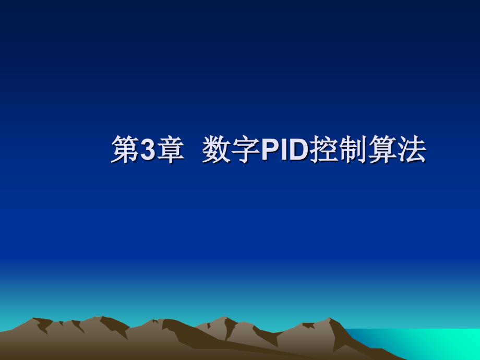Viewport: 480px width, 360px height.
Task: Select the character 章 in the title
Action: point(170,149)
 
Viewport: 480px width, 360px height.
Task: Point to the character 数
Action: point(217,149)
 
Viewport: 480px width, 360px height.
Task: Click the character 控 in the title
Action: point(324,149)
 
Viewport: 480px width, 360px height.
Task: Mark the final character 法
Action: point(412,149)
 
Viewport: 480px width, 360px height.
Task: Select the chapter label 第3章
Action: point(148,149)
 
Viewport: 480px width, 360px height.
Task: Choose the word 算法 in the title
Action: point(397,149)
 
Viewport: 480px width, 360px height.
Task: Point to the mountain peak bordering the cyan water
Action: point(329,319)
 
